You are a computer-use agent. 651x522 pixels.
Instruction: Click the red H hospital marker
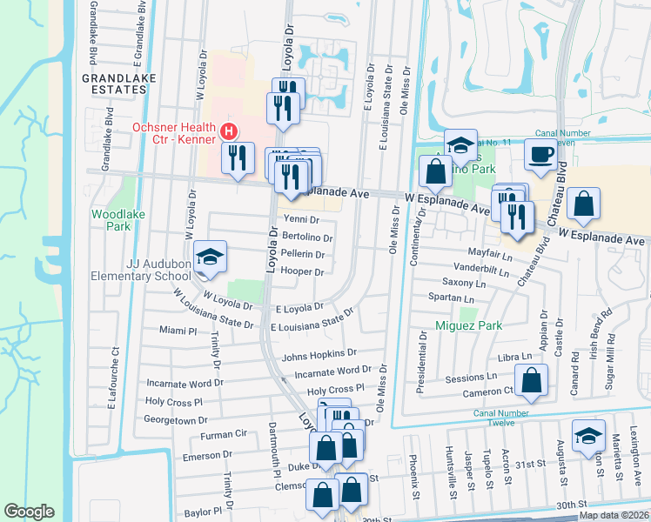pyautogui.click(x=228, y=131)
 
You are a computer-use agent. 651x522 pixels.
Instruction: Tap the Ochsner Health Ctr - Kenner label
pyautogui.click(x=175, y=132)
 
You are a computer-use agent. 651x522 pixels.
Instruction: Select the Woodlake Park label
pyautogui.click(x=111, y=219)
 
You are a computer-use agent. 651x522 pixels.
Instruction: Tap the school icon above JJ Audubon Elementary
pyautogui.click(x=210, y=257)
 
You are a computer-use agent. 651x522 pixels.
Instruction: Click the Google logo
pyautogui.click(x=29, y=512)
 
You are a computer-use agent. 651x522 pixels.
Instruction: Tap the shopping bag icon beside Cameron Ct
pyautogui.click(x=530, y=380)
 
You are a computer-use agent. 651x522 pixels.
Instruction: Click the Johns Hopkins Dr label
pyautogui.click(x=319, y=354)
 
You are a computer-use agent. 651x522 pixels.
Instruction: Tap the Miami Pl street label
pyautogui.click(x=179, y=331)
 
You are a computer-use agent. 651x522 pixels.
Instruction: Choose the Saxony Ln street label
pyautogui.click(x=462, y=283)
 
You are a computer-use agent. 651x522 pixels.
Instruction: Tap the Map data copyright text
pyautogui.click(x=614, y=515)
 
